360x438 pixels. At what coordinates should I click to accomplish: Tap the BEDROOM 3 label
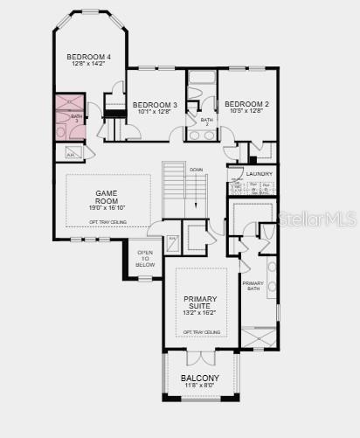tap(155, 105)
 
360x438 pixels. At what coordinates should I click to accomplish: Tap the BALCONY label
tap(200, 378)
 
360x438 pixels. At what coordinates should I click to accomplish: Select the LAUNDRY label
tap(259, 174)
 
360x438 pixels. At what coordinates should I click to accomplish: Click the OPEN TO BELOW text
tap(146, 260)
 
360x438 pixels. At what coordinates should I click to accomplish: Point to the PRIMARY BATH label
tap(253, 286)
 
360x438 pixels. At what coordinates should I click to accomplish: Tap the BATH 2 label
tap(207, 122)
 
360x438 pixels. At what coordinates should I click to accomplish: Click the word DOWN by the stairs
tap(197, 170)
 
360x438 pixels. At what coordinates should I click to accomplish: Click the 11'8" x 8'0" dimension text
tap(200, 386)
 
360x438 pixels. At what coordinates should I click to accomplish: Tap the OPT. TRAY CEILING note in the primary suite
tap(200, 332)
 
